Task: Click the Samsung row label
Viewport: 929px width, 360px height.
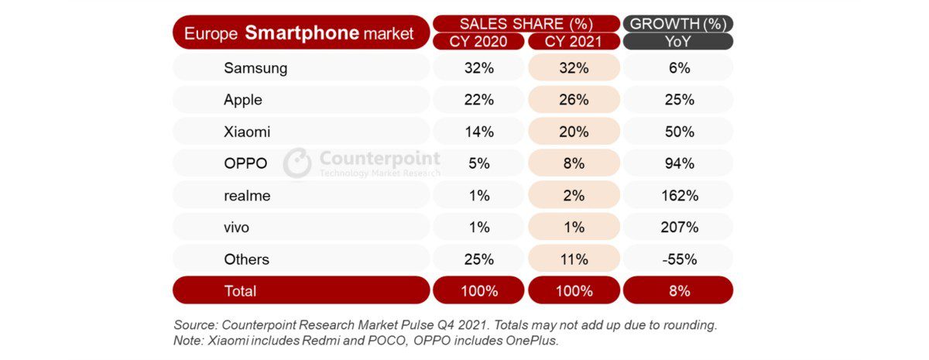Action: tap(255, 68)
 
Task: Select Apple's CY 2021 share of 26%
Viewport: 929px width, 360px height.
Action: tap(573, 100)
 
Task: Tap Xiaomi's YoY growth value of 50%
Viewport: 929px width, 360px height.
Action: tap(677, 132)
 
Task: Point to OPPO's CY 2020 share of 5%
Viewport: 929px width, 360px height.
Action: tap(478, 163)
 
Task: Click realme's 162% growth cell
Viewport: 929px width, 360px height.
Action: tap(677, 196)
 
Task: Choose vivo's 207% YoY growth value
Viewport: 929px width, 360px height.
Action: tap(677, 228)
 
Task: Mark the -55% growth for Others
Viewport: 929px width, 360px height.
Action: tap(677, 259)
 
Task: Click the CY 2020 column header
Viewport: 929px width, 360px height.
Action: tap(478, 42)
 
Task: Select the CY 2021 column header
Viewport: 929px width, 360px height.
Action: tap(573, 42)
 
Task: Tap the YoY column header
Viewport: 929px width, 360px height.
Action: tap(677, 42)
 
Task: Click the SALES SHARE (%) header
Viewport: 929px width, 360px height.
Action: tap(526, 23)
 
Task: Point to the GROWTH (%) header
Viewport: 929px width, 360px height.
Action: tap(677, 23)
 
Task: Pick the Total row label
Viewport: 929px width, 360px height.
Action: tap(240, 291)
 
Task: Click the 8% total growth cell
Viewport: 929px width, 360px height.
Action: tap(677, 291)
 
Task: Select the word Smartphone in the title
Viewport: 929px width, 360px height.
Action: tap(302, 33)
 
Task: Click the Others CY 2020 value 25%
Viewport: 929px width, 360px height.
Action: tap(478, 259)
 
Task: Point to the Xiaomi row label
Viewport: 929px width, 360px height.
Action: tap(247, 132)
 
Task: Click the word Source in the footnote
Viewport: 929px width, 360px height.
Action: tap(197, 324)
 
